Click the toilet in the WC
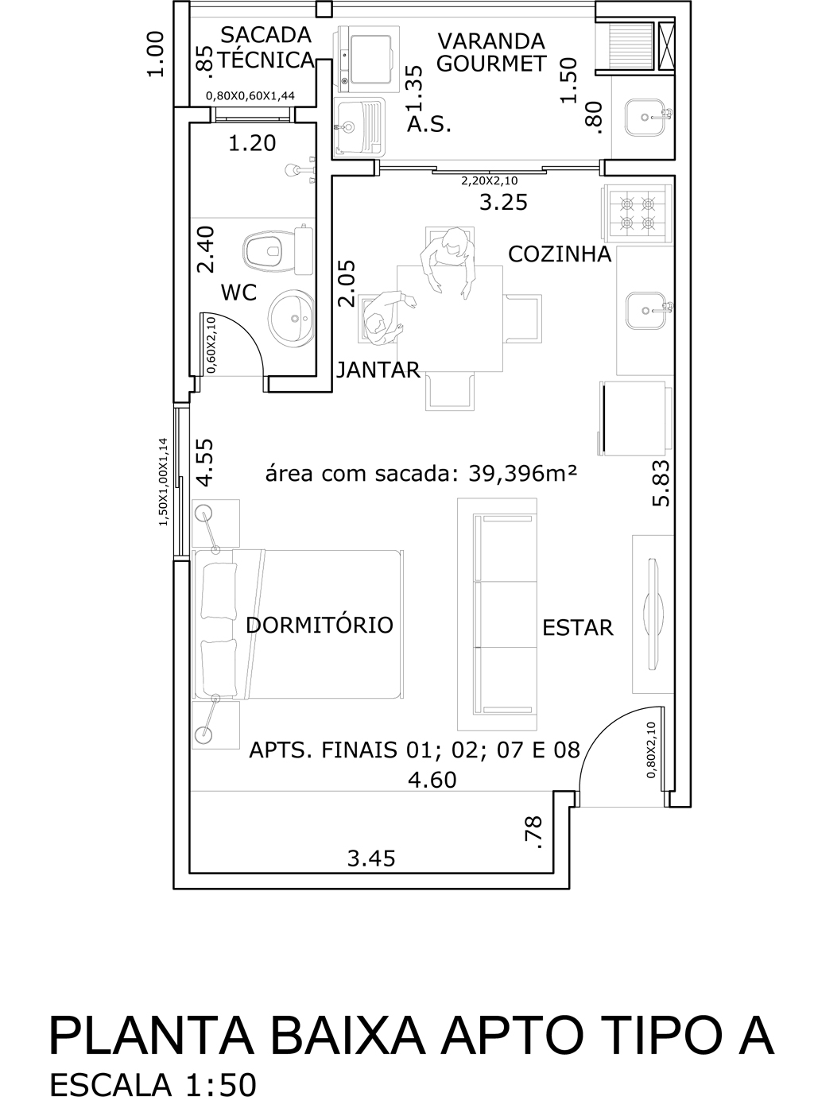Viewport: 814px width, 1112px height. pos(278,250)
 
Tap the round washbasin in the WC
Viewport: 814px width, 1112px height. pos(292,318)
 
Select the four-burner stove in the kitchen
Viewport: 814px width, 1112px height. pos(637,214)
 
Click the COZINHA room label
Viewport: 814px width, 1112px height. pos(560,254)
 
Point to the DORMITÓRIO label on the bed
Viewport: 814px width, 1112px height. pos(320,625)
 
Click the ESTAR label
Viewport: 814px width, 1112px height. pos(578,628)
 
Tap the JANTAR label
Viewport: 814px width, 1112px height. pos(378,370)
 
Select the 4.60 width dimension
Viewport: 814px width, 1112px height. pos(432,780)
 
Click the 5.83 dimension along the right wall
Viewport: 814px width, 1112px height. pos(661,483)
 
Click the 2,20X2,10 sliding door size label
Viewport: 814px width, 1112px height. pos(490,180)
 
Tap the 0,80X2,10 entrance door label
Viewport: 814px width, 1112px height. pos(651,750)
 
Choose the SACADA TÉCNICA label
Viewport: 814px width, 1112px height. pos(266,48)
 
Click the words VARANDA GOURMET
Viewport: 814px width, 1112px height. pos(491,52)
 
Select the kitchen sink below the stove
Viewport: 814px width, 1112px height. pos(645,311)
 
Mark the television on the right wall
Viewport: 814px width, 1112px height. pos(653,614)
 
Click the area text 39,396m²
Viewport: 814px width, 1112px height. pos(523,474)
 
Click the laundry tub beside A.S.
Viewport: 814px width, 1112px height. pos(360,127)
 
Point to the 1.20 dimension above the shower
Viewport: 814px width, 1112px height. pos(252,143)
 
